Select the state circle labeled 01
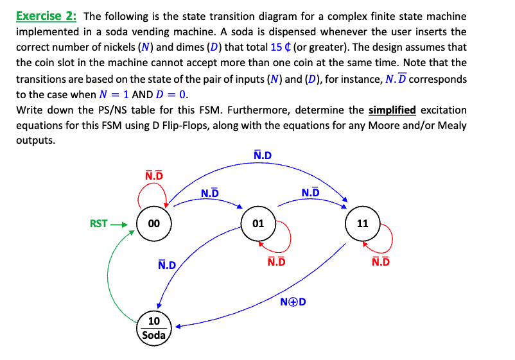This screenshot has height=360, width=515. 258,224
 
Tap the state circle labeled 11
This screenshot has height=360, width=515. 362,224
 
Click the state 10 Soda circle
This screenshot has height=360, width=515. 154,327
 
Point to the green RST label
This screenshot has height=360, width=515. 99,224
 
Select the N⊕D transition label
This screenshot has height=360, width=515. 292,302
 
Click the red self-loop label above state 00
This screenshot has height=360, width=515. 154,175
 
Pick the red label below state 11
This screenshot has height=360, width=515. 381,262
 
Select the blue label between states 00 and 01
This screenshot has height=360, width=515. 210,193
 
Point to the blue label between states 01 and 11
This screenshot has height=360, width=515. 310,193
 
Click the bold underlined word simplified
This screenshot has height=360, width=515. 392,109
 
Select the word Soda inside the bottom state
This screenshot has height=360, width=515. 154,335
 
